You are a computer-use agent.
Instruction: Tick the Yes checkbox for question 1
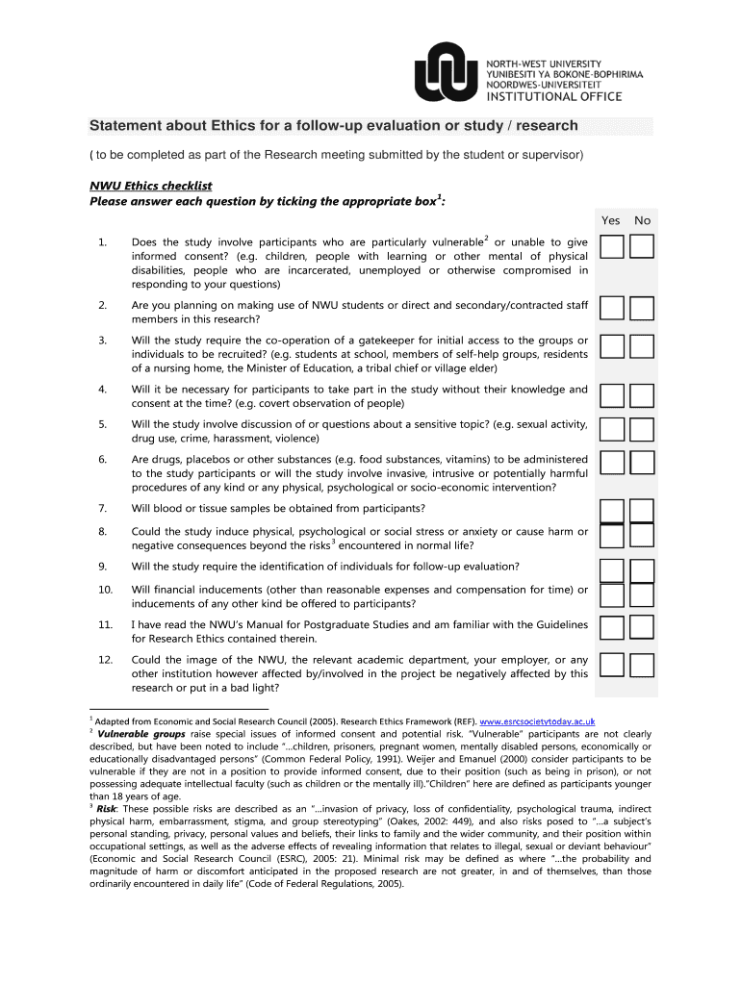coord(610,248)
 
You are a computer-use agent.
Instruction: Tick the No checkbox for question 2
coord(642,309)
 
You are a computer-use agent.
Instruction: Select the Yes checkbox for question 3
coord(610,346)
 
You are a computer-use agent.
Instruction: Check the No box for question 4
coord(642,395)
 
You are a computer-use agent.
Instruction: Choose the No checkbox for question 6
coord(642,463)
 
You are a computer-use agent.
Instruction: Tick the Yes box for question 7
coord(610,510)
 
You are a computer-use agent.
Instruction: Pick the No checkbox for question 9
coord(642,570)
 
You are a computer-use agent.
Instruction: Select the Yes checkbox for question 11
coord(610,628)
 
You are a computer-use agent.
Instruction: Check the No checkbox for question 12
coord(642,664)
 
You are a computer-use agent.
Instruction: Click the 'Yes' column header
coord(611,220)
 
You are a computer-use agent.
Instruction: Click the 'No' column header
coord(642,220)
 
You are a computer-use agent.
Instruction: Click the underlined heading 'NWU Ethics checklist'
coord(150,186)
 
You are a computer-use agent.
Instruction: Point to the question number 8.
coord(102,531)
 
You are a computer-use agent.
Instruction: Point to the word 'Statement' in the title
coord(128,126)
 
